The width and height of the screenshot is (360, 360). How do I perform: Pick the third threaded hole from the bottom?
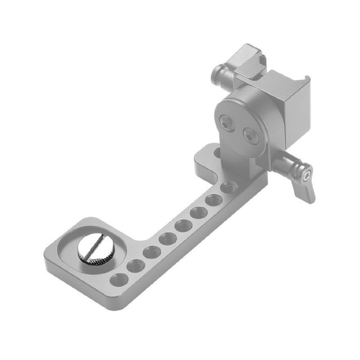152,251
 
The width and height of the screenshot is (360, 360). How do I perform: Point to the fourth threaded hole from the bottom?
168,238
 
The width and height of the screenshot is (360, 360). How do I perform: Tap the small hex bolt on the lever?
307,175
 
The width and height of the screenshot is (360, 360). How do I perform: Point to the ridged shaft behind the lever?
282,163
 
